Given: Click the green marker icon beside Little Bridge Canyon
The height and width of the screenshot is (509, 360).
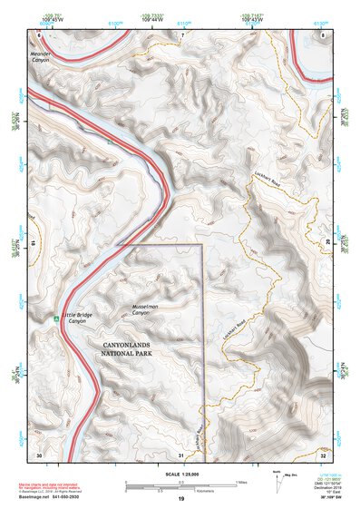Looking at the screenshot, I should [54, 318].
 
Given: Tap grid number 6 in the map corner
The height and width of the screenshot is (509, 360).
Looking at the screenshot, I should [39, 34].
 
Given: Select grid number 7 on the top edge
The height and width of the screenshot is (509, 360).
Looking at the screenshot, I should [181, 34].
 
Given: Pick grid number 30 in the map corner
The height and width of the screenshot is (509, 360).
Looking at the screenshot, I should [39, 454].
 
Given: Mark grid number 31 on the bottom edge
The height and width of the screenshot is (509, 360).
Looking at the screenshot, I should [181, 454].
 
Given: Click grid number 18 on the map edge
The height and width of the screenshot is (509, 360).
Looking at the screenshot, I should [34, 243].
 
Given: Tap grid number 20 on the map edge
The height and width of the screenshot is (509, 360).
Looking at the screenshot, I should [328, 243].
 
